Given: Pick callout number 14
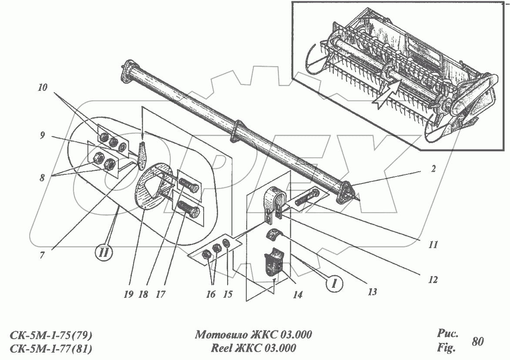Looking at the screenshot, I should [x=298, y=295].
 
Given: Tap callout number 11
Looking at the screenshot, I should [x=433, y=244].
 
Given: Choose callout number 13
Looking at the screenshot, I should [x=372, y=292].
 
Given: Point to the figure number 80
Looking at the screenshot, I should [x=477, y=341].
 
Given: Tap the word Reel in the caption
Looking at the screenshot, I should [x=222, y=348].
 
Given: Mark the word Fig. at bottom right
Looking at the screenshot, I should [x=446, y=348].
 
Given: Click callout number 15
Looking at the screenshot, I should [x=228, y=294].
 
